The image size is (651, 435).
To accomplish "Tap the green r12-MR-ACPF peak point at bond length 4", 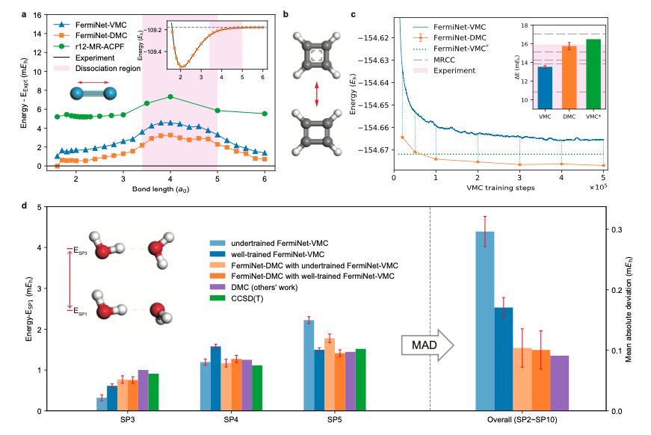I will click(170, 96).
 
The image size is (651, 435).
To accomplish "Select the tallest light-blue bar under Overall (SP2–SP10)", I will click(484, 321).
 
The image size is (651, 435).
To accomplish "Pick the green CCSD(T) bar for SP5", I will click(361, 380).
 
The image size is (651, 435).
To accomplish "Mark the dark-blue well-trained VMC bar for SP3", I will click(112, 398).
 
